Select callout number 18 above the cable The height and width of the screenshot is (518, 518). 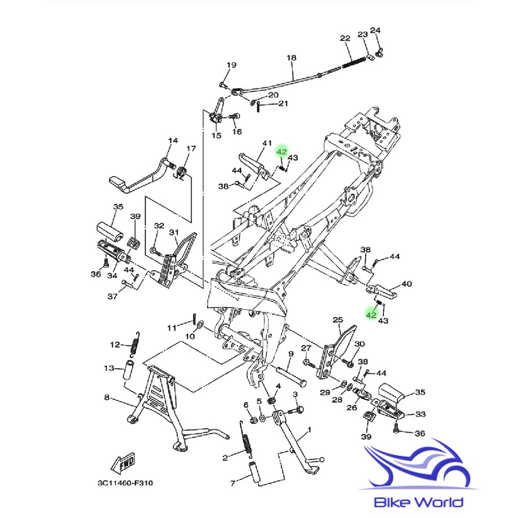[291, 58]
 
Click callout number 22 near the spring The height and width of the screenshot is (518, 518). [345, 38]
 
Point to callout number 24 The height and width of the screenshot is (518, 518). [375, 30]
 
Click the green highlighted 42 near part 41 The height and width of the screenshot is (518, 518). [281, 152]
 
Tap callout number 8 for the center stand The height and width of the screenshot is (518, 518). [107, 397]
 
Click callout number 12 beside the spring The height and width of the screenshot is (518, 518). [115, 344]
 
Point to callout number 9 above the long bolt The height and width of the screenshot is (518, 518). [291, 354]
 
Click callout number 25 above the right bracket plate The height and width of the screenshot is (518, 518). [337, 320]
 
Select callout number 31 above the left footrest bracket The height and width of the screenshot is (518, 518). [174, 232]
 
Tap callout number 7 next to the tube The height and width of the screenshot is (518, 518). [232, 483]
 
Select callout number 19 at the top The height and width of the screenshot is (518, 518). [231, 65]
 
